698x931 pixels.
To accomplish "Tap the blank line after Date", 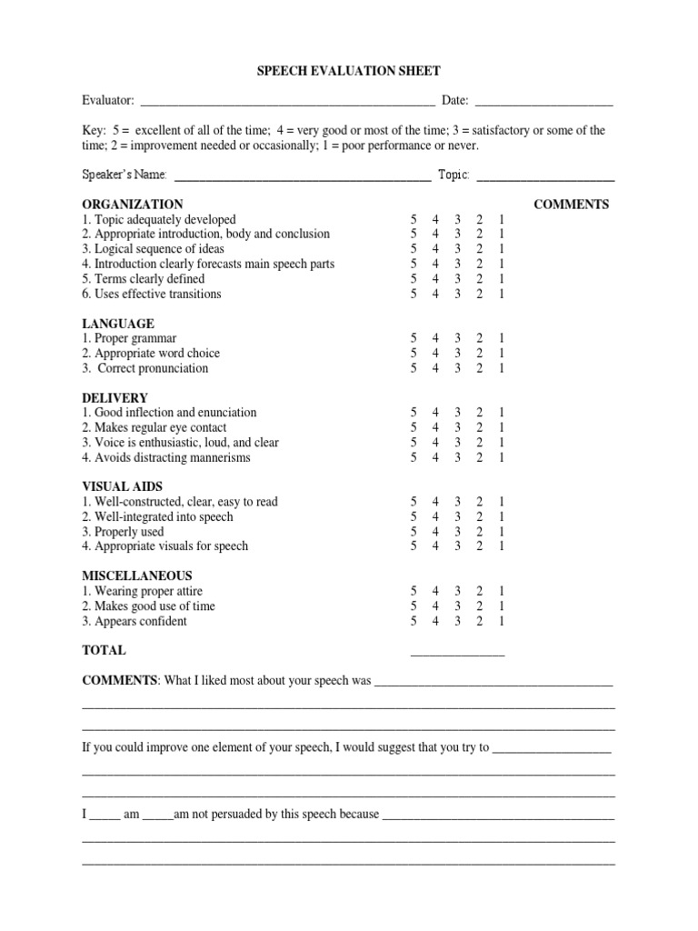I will pos(543,101).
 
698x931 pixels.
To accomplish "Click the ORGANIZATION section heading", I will pos(133,205).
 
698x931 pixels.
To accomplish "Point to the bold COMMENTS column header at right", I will pos(571,205).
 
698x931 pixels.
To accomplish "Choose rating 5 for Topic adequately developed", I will pos(414,220).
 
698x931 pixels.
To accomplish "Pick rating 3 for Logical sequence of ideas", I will pos(458,249).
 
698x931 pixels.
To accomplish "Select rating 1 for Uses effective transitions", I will pos(501,295).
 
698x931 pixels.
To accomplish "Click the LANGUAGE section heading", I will pos(118,324).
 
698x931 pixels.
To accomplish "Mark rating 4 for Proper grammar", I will pos(435,339).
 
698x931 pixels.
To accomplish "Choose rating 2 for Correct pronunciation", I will pos(479,368).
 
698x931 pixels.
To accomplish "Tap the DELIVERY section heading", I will pos(115,398).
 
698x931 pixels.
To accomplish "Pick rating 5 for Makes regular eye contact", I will pos(414,427).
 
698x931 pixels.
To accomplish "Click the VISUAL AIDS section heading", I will pos(123,486).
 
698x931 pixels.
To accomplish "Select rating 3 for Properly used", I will pos(458,532).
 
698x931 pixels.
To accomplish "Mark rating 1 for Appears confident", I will pos(501,621).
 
